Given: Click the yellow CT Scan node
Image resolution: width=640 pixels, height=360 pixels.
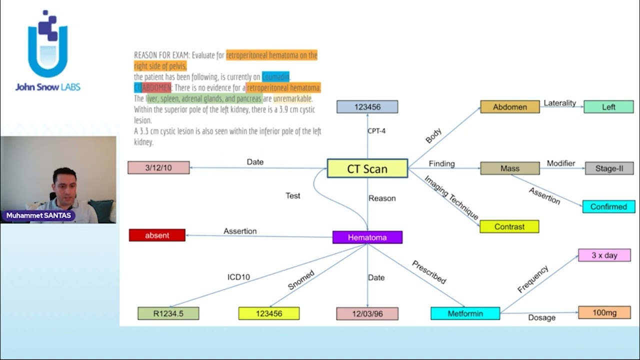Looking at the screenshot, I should [x=367, y=168].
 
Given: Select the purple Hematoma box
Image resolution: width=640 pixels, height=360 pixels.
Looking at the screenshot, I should [x=367, y=237].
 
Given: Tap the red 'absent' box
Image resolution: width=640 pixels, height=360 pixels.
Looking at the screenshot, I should [x=157, y=235].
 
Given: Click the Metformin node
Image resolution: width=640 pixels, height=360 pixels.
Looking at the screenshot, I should [x=465, y=313].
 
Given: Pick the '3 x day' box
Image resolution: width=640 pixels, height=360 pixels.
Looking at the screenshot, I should [x=604, y=255].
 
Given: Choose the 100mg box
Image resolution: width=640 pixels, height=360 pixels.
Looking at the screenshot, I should [x=604, y=312].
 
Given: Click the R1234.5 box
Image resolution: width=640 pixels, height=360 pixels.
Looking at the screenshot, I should [x=168, y=313].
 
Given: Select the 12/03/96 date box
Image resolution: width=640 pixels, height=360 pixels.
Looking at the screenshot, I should [x=367, y=313].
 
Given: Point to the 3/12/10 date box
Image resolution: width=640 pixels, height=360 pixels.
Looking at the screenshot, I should [x=158, y=167].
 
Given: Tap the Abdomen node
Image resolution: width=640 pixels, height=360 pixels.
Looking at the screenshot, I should [x=510, y=107].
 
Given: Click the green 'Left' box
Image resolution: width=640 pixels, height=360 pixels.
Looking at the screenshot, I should [x=608, y=107].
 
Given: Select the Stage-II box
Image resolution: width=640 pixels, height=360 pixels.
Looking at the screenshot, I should [x=609, y=168].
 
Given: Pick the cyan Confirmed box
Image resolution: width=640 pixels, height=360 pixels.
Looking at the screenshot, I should [x=608, y=206].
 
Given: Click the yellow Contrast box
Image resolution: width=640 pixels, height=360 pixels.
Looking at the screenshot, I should [x=509, y=226].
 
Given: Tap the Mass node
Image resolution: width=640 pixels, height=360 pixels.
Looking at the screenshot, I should [x=510, y=168].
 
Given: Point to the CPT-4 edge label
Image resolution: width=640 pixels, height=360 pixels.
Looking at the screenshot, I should [x=376, y=131].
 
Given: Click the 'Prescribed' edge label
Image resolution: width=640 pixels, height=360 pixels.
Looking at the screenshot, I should [x=429, y=272].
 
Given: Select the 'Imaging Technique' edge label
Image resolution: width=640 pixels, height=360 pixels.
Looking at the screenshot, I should [x=451, y=197].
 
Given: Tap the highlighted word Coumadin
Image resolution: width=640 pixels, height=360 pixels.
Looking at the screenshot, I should [x=276, y=77].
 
